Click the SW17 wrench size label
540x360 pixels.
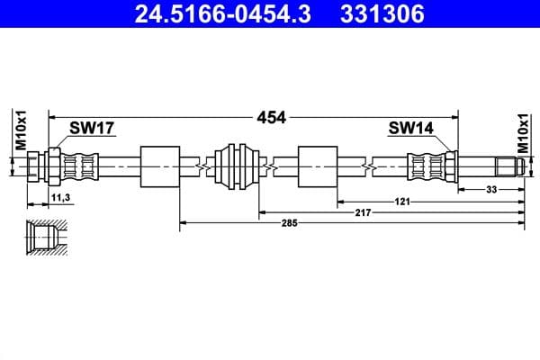92,129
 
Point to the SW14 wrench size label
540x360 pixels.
410,129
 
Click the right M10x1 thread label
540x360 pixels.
523,132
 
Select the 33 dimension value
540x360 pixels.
491,189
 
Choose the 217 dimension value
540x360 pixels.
362,211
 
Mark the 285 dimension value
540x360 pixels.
288,221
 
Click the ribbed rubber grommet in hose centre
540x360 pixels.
237,166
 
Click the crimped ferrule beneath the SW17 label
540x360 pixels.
79,166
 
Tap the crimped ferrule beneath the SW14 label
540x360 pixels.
423,166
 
